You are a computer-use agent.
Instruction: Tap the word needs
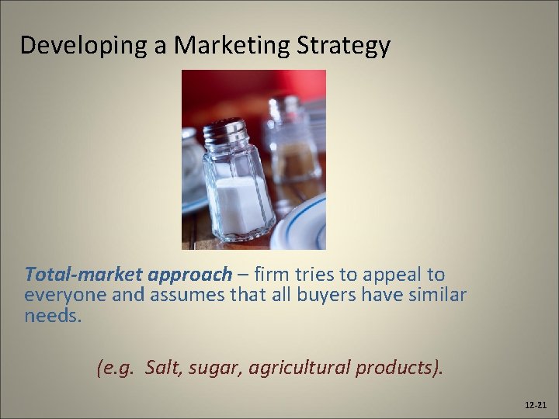(x=51, y=317)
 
